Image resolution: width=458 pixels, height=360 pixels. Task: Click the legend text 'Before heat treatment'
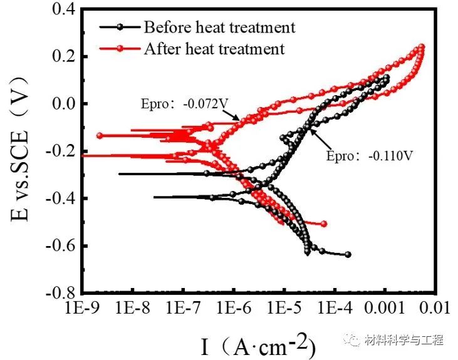pyautogui.click(x=219, y=27)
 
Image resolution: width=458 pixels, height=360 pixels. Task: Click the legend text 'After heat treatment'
pyautogui.click(x=214, y=48)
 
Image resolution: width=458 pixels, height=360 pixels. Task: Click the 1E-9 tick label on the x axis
pyautogui.click(x=83, y=308)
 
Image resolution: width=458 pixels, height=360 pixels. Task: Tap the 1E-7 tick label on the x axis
pyautogui.click(x=183, y=308)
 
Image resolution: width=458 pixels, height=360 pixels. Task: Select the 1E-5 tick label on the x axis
pyautogui.click(x=284, y=308)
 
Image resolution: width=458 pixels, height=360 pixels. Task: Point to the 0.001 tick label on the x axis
pyautogui.click(x=383, y=308)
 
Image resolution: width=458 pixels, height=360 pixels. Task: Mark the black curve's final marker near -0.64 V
pyautogui.click(x=348, y=255)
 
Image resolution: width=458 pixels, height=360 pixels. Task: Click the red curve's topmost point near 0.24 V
pyautogui.click(x=421, y=47)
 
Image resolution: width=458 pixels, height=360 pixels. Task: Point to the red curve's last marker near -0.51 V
pyautogui.click(x=324, y=224)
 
